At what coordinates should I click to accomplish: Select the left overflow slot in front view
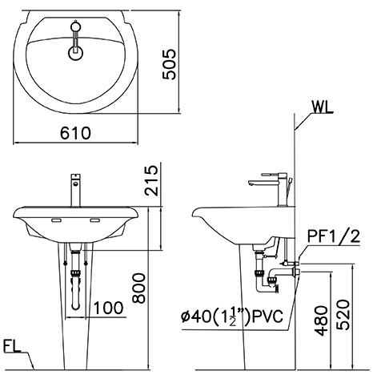click(x=58, y=220)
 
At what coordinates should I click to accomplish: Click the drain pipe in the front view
click(x=77, y=280)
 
